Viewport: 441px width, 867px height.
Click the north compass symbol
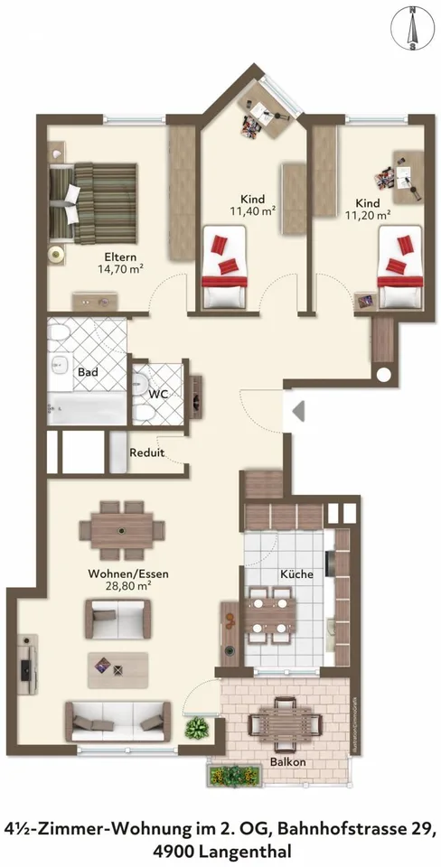coord(412,28)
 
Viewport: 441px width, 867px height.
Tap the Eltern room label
coord(120,257)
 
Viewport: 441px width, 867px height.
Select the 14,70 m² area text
coord(120,270)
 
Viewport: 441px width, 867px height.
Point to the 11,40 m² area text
coord(253,210)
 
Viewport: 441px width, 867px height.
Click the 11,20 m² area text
coord(368,215)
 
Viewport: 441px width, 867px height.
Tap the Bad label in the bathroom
coord(88,372)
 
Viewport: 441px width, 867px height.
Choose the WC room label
coord(159,395)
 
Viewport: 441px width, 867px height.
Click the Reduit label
coord(147,452)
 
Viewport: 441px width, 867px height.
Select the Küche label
coord(296,574)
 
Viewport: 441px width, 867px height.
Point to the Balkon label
coord(288,762)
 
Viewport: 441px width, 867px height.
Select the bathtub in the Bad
coord(87,408)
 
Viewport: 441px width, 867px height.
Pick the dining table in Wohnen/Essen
coord(122,530)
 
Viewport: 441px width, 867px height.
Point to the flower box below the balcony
coord(233,775)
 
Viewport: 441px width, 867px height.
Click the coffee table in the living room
coord(117,670)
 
